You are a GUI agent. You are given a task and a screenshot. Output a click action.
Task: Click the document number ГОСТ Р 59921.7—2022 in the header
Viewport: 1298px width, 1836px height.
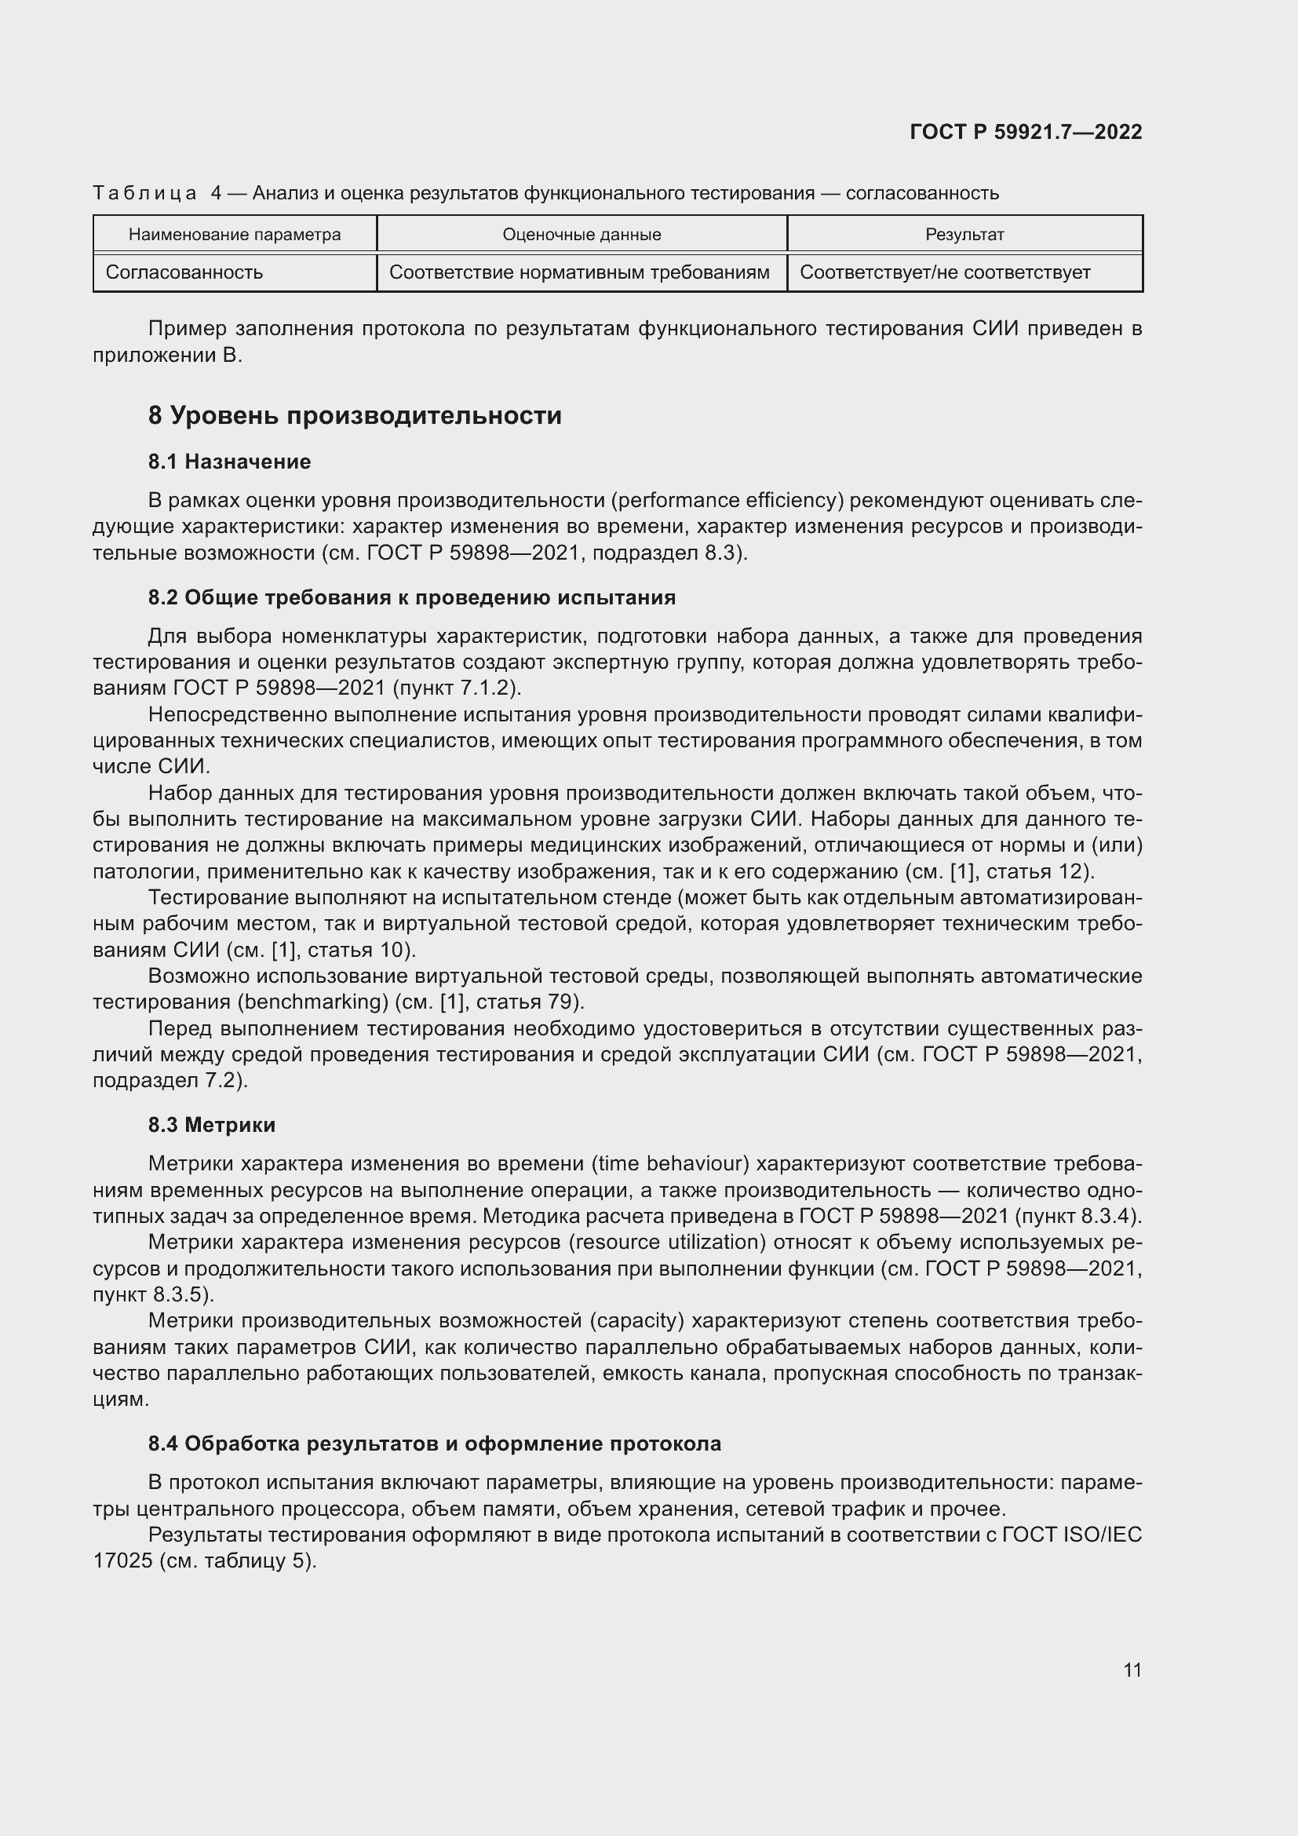1026,132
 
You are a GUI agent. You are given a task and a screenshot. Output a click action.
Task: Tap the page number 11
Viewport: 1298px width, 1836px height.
1132,1670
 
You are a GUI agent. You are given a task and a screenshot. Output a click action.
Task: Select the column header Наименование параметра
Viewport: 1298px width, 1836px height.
234,234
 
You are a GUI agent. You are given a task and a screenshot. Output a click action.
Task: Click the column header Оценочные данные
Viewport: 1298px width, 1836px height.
581,234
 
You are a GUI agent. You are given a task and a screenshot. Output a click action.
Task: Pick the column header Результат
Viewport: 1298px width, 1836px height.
964,234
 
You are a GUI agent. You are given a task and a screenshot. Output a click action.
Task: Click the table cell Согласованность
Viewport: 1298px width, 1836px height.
184,272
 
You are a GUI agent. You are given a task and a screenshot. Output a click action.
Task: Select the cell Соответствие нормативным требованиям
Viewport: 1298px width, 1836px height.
578,272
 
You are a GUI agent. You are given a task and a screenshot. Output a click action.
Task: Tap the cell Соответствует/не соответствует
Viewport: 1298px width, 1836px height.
945,272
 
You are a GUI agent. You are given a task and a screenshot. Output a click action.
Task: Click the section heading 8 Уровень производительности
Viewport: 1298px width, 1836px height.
354,416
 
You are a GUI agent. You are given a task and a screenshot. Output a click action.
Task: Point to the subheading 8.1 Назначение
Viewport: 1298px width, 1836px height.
229,462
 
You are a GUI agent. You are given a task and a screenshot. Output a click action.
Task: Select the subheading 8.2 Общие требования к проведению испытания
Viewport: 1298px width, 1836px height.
412,597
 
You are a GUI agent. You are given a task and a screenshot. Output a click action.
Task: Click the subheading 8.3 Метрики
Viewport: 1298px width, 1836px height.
212,1125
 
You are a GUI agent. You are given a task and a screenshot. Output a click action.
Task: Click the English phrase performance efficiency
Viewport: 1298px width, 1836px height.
727,501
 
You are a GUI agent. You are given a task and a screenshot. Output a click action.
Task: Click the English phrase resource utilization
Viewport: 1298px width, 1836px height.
665,1242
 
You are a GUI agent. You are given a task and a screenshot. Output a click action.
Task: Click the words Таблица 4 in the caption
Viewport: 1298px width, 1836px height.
157,194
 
